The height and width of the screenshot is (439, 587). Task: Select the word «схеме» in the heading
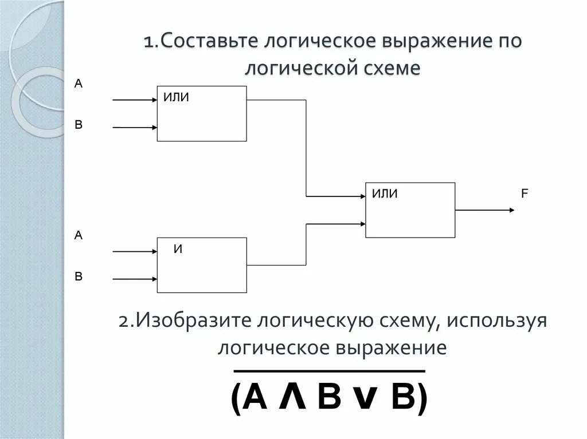point(393,69)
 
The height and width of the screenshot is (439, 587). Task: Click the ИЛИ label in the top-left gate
point(177,97)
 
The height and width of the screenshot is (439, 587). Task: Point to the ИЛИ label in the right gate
point(385,194)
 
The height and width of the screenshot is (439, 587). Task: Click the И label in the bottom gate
point(178,250)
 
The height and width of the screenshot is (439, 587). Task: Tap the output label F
point(524,194)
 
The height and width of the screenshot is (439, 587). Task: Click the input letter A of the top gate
point(79,84)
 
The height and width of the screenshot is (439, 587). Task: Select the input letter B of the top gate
point(79,124)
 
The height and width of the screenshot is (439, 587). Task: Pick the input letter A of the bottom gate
point(79,235)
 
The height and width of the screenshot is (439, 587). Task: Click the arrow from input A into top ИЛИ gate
point(135,100)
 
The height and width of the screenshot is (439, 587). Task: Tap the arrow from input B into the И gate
point(135,279)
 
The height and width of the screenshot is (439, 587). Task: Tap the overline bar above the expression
point(329,371)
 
